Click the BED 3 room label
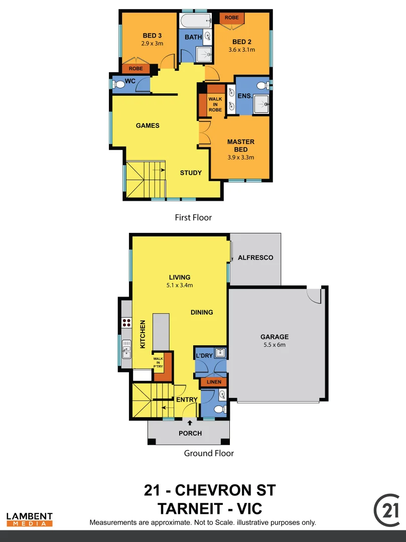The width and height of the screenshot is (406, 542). coord(152,36)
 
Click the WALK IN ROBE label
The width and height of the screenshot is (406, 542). coord(215,104)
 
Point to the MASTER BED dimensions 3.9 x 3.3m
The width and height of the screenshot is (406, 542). coord(241,157)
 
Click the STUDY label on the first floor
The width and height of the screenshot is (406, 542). coord(191,173)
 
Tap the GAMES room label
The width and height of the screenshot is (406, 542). coord(148,125)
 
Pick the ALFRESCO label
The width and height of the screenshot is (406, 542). coord(255,257)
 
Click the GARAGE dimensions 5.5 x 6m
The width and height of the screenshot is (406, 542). coord(275,345)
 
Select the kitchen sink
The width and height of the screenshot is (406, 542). coord(126,350)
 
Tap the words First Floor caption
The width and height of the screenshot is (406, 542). coord(193,218)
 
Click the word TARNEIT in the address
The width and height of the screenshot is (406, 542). coord(189,508)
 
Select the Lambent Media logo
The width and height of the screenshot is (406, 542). coord(30,519)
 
